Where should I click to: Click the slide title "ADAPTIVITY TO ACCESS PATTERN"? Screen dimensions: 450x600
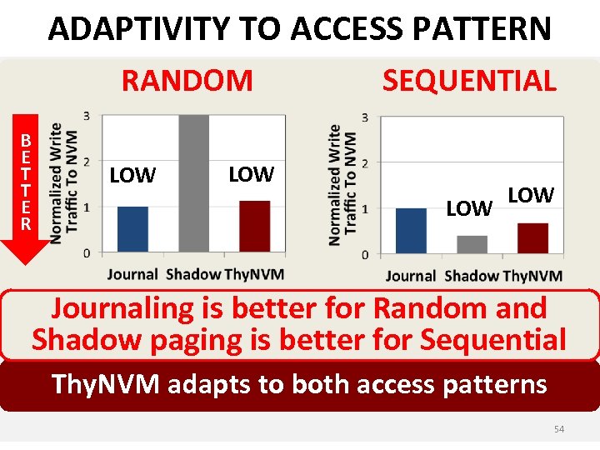(x=299, y=28)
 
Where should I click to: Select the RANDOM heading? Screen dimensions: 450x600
(x=187, y=81)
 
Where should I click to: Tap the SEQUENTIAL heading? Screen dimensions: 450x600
(x=468, y=81)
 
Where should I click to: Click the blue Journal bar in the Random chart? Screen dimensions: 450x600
(x=132, y=229)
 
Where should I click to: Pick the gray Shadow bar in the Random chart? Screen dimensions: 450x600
(x=193, y=183)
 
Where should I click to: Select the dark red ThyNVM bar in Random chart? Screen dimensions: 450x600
(x=254, y=226)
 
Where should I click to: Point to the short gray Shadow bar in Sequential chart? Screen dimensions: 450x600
(x=472, y=244)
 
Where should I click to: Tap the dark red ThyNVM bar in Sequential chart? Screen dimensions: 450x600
(x=532, y=237)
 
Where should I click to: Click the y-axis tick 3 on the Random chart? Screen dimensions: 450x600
(x=87, y=115)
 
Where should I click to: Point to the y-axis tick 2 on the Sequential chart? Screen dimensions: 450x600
(x=365, y=162)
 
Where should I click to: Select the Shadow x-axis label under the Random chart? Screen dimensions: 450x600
(x=193, y=274)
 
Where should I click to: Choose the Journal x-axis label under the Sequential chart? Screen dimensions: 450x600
(x=411, y=276)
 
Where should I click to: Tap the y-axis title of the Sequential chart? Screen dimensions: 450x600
(x=342, y=185)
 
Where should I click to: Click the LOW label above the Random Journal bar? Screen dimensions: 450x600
(x=132, y=176)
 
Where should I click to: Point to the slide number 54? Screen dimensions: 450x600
(x=559, y=428)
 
